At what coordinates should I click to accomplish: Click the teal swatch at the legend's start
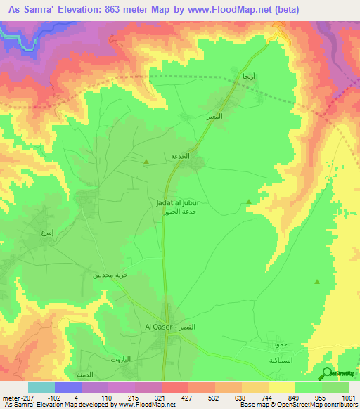click(41, 387)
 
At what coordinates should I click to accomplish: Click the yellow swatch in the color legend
click(282, 387)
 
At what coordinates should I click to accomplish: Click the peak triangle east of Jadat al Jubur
click(249, 203)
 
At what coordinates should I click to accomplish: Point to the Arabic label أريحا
click(248, 74)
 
